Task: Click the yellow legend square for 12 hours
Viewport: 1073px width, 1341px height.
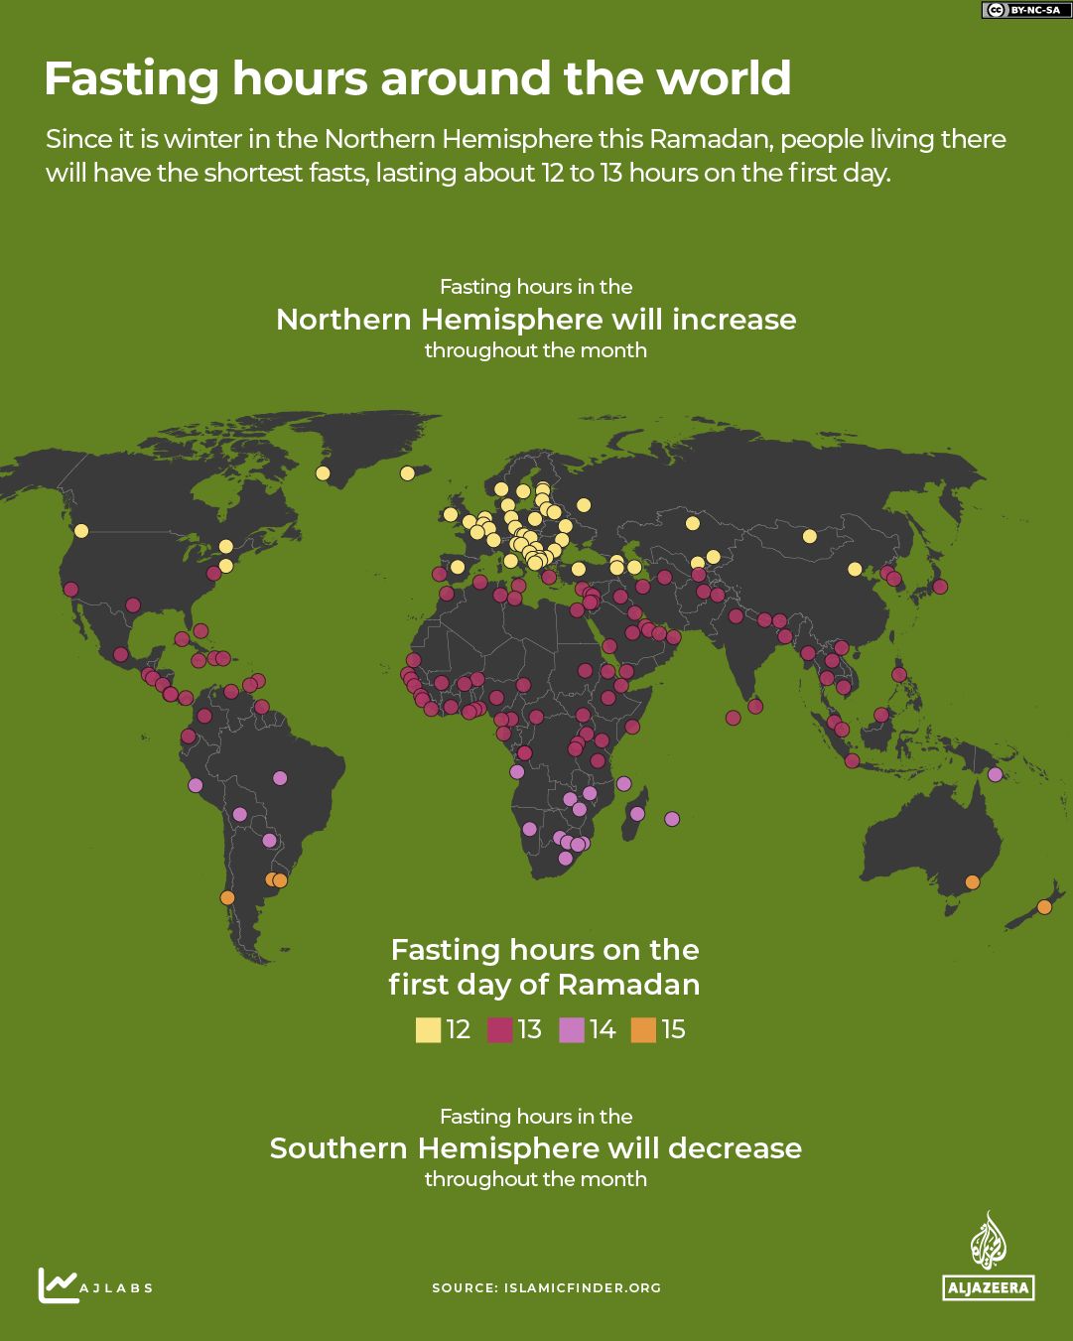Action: point(428,1030)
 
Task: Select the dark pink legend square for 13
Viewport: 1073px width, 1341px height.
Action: point(499,1030)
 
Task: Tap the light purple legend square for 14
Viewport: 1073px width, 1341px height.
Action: point(572,1030)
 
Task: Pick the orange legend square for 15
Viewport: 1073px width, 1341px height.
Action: point(643,1030)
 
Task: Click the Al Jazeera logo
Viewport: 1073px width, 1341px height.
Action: point(988,1256)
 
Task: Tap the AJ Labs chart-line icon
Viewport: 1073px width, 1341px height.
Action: point(59,1285)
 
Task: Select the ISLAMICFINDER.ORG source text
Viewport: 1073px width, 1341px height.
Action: point(582,1288)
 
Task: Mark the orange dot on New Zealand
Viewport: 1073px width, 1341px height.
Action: point(1044,906)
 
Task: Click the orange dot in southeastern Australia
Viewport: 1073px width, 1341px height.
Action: point(973,882)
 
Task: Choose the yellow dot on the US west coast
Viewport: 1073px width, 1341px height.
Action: point(81,531)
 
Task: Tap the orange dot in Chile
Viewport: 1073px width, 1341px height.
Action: point(227,898)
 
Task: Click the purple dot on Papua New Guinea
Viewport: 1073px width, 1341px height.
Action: point(995,774)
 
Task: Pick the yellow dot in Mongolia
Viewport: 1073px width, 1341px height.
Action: point(809,536)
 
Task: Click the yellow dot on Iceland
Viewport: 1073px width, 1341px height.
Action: point(407,473)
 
